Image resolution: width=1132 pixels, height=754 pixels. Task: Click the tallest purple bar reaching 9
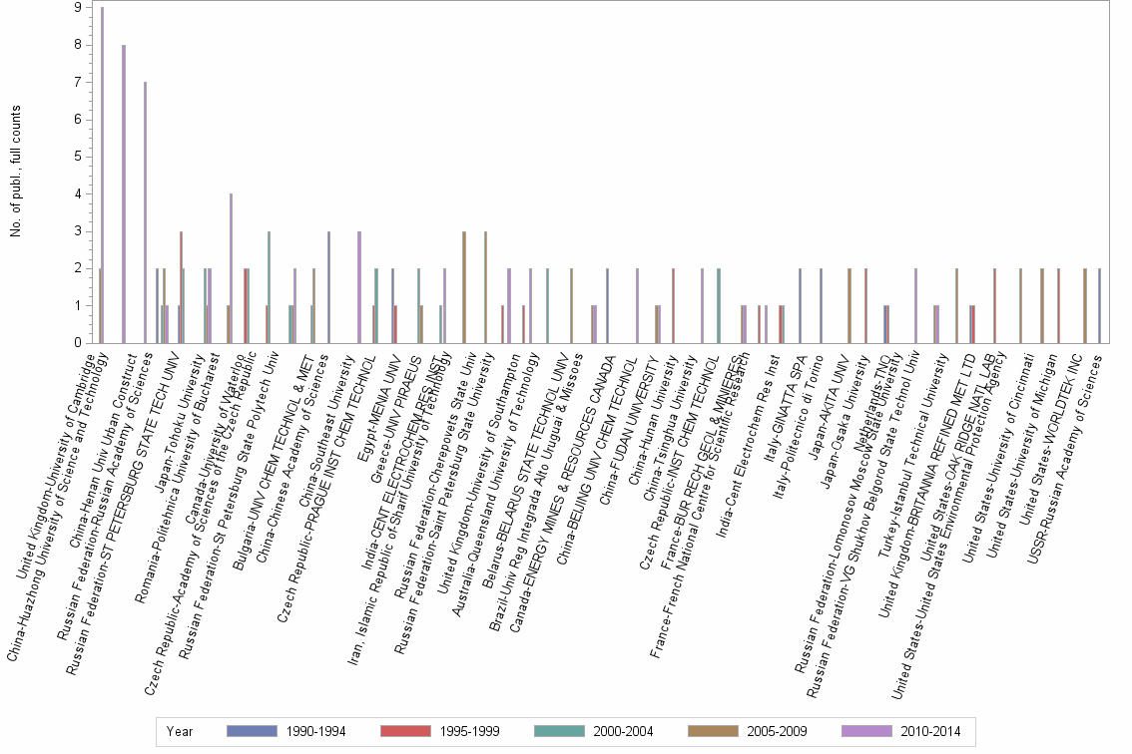(102, 175)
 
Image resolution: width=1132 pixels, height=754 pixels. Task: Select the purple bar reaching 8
(123, 194)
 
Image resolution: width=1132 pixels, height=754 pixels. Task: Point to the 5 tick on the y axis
(79, 157)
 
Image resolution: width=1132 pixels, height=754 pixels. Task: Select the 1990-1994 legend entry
(290, 731)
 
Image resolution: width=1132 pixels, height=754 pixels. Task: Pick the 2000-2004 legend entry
(598, 731)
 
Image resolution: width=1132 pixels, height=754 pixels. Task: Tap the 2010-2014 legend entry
(904, 731)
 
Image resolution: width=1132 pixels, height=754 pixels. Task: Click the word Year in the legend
(180, 731)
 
